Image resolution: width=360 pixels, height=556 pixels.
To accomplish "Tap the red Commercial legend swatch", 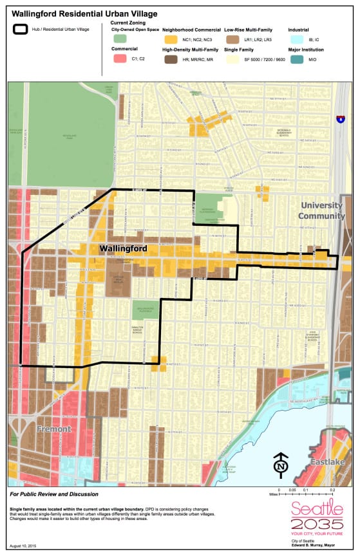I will pyautogui.click(x=119, y=59).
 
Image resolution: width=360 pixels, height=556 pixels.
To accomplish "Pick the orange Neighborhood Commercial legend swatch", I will pyautogui.click(x=171, y=40).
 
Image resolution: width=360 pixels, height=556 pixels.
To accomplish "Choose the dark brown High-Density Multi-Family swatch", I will pyautogui.click(x=171, y=59).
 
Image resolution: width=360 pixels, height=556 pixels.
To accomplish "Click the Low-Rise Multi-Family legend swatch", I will pyautogui.click(x=232, y=40).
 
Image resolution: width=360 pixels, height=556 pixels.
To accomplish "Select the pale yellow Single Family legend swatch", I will pyautogui.click(x=232, y=59).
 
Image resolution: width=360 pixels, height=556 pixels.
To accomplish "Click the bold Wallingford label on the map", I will pyautogui.click(x=123, y=248).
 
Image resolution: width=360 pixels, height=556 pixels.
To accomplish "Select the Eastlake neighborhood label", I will pyautogui.click(x=328, y=462).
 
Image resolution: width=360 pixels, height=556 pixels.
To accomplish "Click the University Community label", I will pyautogui.click(x=322, y=210).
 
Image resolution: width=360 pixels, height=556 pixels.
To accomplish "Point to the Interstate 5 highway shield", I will pyautogui.click(x=339, y=119).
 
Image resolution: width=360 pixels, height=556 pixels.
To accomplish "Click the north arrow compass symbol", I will pyautogui.click(x=281, y=463).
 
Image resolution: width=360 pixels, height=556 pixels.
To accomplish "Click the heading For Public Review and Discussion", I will pyautogui.click(x=54, y=494).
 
